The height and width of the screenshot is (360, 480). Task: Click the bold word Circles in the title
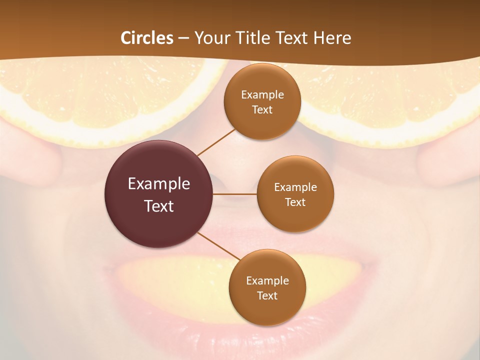pos(147,38)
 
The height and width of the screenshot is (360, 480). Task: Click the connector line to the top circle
pos(216,141)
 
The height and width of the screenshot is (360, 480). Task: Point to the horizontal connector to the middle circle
pos(235,193)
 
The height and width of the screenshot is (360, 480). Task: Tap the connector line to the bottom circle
pos(218,246)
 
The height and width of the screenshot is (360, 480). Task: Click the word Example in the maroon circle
pos(159,183)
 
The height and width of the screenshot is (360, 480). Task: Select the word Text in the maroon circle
pos(159,205)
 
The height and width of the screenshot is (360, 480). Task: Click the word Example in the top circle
pos(262,94)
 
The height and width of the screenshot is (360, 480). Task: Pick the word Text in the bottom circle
pos(267,295)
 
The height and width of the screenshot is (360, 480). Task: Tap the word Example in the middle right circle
pos(295,187)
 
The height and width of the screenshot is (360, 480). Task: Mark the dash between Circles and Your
pos(183,38)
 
